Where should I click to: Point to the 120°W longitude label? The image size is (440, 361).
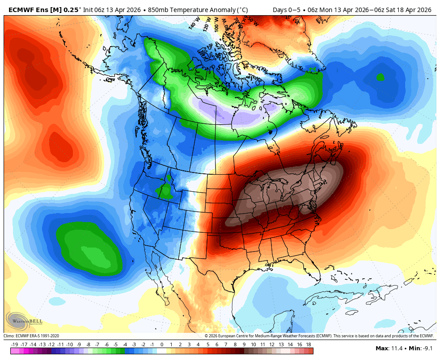[x=207, y=24]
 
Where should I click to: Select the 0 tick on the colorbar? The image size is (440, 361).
[x=161, y=344]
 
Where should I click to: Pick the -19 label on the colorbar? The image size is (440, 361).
[x=14, y=344]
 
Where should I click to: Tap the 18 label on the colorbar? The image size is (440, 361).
[x=309, y=344]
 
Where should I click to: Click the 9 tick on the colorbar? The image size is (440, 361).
[x=244, y=344]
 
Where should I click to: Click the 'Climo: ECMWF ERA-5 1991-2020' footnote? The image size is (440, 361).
[x=31, y=336]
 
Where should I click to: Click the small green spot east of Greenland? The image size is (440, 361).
[x=380, y=77]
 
